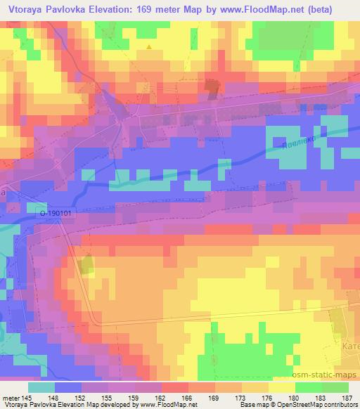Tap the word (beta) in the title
[336, 8]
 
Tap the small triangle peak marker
[148, 46]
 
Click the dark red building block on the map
[212, 86]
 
